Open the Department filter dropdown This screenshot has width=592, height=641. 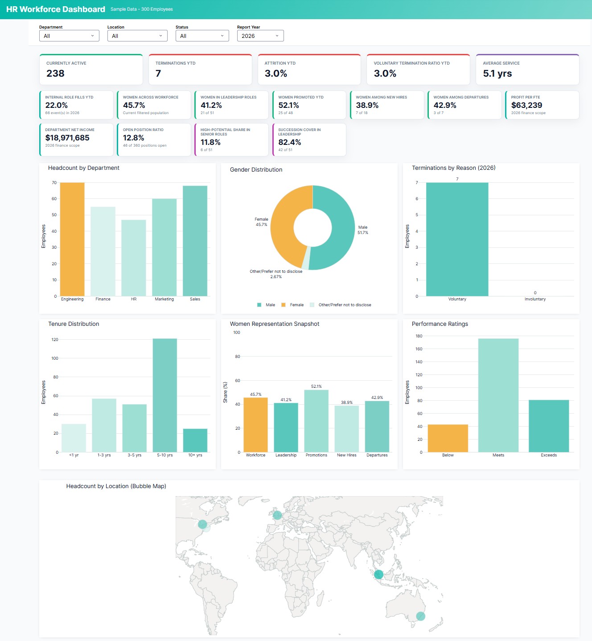69,36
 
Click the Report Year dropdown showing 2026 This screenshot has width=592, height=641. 260,36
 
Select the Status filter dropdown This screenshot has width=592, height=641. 202,36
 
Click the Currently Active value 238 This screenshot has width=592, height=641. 56,74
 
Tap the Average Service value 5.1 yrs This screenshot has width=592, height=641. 497,74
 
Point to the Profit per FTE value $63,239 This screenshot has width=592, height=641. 526,105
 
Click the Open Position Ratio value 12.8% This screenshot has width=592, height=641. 133,138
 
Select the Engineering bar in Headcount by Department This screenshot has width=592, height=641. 72,239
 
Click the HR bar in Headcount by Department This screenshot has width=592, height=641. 134,258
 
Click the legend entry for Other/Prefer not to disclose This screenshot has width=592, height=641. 344,305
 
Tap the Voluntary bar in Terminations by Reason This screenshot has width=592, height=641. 457,239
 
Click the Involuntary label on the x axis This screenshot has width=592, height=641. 535,299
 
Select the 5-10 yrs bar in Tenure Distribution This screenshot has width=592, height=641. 164,395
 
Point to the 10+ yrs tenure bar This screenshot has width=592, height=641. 195,440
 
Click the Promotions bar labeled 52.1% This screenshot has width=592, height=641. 316,421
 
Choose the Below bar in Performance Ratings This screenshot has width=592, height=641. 448,439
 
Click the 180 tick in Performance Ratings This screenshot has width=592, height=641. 419,336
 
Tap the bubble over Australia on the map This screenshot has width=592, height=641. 420,616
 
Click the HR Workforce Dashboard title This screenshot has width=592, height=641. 56,9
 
